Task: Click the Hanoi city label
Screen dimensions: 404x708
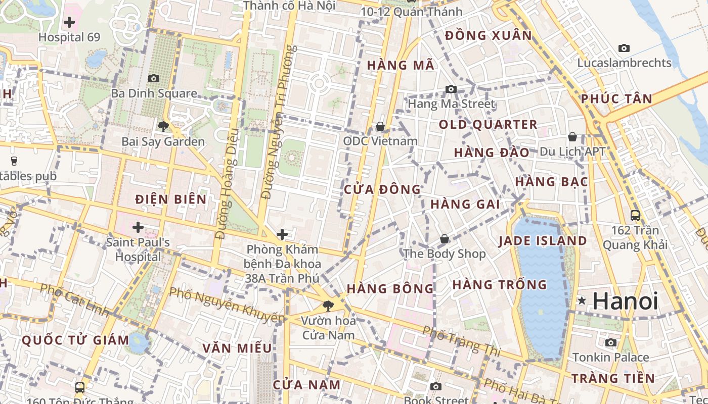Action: click(x=625, y=301)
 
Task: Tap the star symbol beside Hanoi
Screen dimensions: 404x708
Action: click(x=582, y=301)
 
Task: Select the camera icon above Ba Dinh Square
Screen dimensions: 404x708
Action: click(x=154, y=78)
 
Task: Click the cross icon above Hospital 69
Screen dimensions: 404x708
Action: click(x=69, y=22)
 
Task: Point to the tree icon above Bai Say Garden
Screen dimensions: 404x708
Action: click(x=163, y=126)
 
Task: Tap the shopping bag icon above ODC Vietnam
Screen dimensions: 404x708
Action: click(x=380, y=126)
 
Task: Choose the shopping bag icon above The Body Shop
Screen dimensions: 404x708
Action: click(x=445, y=238)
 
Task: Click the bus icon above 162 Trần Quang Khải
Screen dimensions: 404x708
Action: click(x=635, y=216)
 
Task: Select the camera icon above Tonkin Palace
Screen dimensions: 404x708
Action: click(x=611, y=343)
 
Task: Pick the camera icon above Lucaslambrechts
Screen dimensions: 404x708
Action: click(x=624, y=48)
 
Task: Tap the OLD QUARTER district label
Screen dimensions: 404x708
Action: click(x=488, y=125)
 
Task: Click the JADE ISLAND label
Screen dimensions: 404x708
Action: click(x=543, y=241)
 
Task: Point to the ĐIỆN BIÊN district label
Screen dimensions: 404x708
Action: click(x=171, y=199)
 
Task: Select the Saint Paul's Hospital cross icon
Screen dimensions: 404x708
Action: click(x=138, y=227)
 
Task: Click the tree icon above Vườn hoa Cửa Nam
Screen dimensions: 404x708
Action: click(x=328, y=305)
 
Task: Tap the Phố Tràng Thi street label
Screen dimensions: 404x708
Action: click(x=461, y=341)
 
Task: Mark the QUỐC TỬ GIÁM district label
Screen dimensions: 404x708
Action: click(x=75, y=340)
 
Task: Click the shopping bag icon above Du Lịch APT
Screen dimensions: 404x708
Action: click(x=572, y=137)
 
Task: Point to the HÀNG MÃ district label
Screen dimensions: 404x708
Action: click(x=401, y=65)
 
